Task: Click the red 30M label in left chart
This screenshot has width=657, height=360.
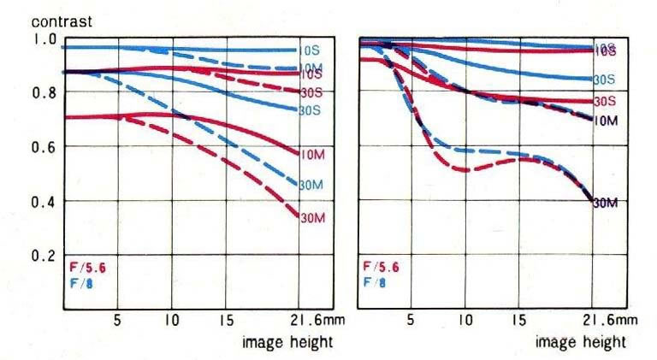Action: tap(311, 218)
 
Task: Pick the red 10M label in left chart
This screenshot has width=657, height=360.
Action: tap(311, 154)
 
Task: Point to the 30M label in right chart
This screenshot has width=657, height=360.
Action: tap(606, 204)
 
